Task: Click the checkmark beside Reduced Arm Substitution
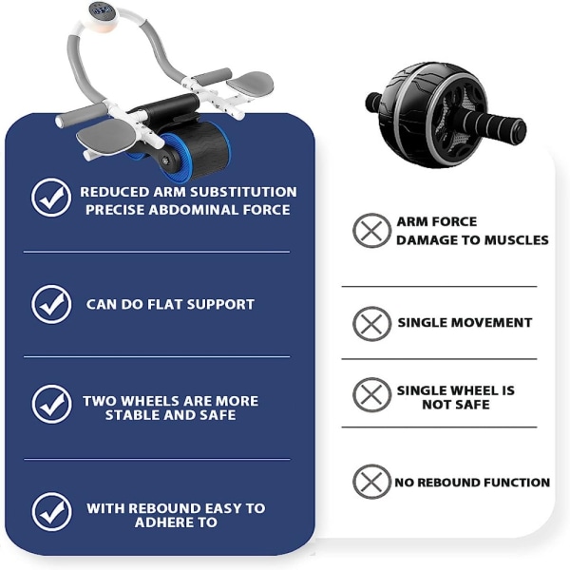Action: coord(51,198)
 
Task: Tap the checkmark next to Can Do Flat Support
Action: coord(51,304)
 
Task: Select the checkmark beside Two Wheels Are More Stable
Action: coord(51,405)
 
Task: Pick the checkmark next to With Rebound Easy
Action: coord(51,511)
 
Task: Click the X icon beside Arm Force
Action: coord(371,231)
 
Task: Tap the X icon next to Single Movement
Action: coord(371,324)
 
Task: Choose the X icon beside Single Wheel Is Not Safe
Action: coord(371,395)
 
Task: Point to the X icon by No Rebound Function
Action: coord(371,482)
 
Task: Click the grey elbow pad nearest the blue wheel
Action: coord(105,135)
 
